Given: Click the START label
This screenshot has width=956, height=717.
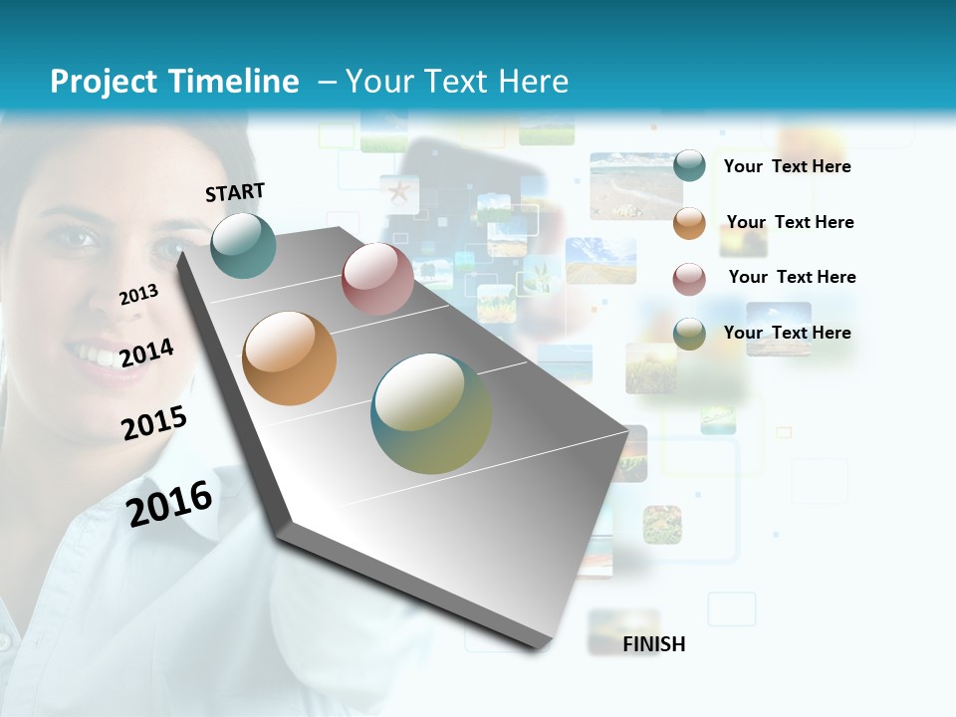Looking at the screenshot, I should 235,192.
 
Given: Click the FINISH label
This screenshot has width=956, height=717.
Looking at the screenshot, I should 654,644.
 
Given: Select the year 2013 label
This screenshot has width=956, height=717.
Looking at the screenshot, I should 138,295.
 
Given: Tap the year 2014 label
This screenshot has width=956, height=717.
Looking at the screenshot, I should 146,353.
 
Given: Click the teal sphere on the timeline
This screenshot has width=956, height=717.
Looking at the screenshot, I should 244,245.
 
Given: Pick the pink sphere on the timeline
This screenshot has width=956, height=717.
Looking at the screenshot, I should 377,279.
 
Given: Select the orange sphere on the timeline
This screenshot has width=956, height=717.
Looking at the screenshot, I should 290,358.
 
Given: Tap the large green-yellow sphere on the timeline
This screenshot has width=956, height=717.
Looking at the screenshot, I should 431,413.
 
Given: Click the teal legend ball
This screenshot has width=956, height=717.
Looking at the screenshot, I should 689,165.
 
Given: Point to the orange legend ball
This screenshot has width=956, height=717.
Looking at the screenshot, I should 689,223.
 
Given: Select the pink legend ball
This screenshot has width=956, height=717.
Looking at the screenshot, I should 689,279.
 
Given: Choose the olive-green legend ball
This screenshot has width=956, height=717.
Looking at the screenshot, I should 689,334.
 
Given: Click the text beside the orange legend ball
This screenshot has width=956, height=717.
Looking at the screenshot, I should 790,222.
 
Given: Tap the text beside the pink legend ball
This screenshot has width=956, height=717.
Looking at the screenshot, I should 792,277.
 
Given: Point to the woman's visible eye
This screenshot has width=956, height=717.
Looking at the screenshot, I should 77,238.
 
